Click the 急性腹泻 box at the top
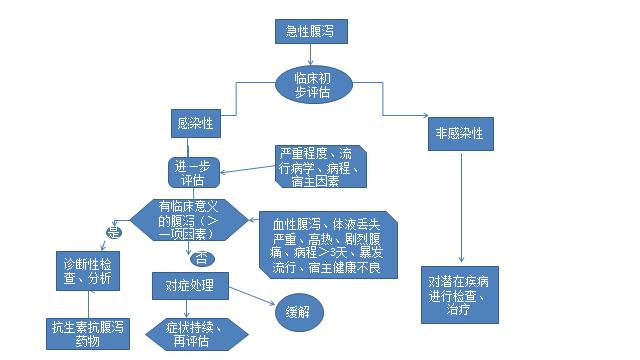(311, 32)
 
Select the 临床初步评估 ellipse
(311, 84)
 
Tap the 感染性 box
(194, 124)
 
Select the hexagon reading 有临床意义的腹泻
(187, 219)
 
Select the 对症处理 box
(190, 286)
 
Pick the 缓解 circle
(298, 311)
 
